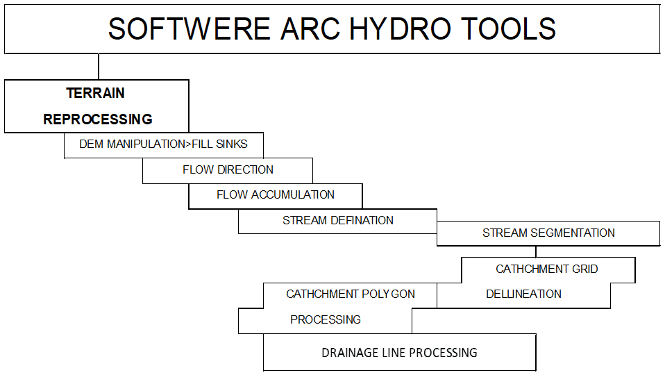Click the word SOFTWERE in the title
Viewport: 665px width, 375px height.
pos(189,29)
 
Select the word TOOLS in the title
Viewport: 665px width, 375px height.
pos(508,29)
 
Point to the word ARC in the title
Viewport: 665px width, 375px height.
pos(310,29)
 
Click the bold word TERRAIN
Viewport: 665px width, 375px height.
pos(95,93)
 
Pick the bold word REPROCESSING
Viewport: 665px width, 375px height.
pos(98,119)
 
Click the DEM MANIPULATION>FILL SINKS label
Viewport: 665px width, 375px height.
pos(163,144)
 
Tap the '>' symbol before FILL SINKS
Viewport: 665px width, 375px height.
pos(188,144)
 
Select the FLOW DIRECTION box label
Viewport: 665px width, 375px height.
pos(228,169)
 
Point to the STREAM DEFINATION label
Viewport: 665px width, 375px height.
pos(338,221)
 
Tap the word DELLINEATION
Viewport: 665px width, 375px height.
pos(524,294)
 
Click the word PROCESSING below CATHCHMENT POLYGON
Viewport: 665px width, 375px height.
pos(326,319)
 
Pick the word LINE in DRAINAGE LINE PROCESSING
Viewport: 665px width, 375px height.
pos(394,353)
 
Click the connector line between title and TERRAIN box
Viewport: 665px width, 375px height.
pos(99,67)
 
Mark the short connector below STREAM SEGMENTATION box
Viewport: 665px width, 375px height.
pos(536,251)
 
